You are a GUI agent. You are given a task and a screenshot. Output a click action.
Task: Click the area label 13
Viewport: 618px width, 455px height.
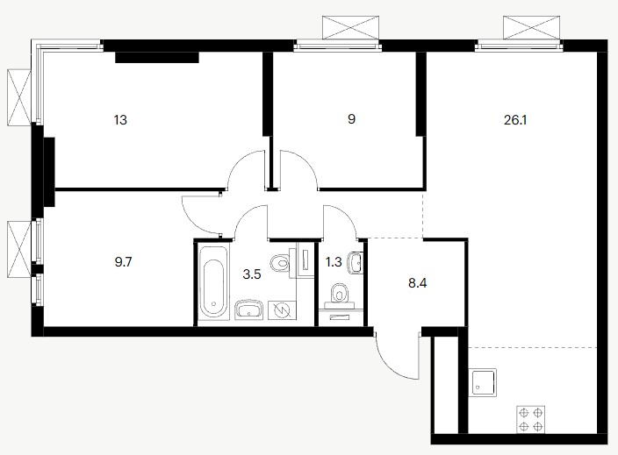120,119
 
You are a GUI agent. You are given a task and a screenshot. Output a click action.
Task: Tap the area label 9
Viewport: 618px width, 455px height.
351,119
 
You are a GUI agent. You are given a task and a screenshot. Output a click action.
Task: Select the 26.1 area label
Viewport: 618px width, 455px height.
515,119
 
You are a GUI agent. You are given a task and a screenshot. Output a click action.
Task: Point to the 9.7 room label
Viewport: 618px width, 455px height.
123,262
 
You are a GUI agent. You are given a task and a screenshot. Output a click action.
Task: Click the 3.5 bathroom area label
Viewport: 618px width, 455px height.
252,274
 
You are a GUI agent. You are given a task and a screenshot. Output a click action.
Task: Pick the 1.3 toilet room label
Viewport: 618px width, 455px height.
334,262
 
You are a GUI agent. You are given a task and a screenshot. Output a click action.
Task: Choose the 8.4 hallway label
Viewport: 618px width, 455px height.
417,283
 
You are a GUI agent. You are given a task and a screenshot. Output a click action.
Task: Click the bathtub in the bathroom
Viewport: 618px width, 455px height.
213,282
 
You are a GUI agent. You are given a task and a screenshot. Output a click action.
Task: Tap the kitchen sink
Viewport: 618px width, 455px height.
483,382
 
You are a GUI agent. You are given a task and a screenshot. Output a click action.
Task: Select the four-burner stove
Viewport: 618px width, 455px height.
531,419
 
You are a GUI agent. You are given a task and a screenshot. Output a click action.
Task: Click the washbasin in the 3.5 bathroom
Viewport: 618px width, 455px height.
249,310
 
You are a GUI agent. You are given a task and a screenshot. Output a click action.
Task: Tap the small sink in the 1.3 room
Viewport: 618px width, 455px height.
356,262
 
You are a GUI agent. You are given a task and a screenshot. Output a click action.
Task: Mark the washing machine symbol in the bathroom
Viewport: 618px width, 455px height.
282,310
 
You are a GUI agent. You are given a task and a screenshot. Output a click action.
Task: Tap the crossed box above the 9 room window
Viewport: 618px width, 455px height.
350,27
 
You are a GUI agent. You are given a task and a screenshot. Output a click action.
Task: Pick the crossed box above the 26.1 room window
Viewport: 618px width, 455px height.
532,27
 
